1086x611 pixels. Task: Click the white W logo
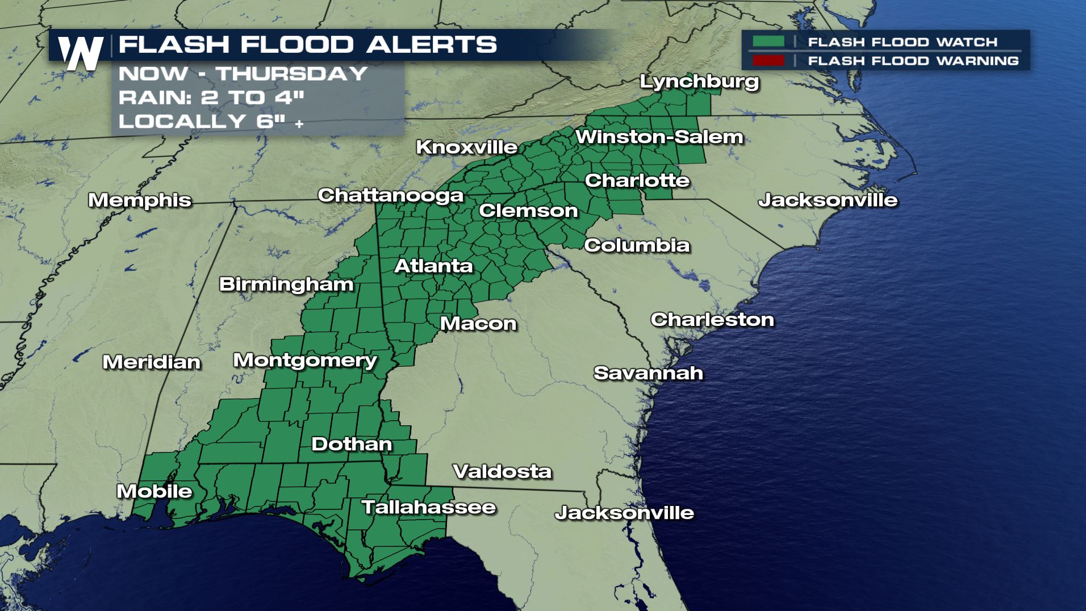[x=81, y=53]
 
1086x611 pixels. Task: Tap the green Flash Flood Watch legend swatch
[x=768, y=41]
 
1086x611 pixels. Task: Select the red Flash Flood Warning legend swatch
[x=768, y=60]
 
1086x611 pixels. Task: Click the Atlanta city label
[x=433, y=266]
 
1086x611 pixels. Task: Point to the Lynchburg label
[x=699, y=82]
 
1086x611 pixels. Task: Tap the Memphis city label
[x=140, y=200]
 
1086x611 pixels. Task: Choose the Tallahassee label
[x=429, y=507]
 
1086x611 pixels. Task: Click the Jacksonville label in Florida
[x=624, y=513]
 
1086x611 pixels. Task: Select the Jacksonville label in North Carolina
[x=828, y=200]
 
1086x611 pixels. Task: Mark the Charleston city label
[x=712, y=320]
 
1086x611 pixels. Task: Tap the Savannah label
[x=648, y=373]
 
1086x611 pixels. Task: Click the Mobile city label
[x=154, y=491]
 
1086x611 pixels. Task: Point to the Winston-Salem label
[x=659, y=137]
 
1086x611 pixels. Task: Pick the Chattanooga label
[x=391, y=195]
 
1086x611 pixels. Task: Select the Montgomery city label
[x=305, y=361]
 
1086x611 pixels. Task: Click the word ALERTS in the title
[x=432, y=44]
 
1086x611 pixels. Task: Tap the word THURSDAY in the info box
[x=292, y=74]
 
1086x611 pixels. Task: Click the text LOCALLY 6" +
[x=211, y=121]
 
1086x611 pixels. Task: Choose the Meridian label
[x=152, y=362]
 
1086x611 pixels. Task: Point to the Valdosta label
[x=502, y=471]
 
